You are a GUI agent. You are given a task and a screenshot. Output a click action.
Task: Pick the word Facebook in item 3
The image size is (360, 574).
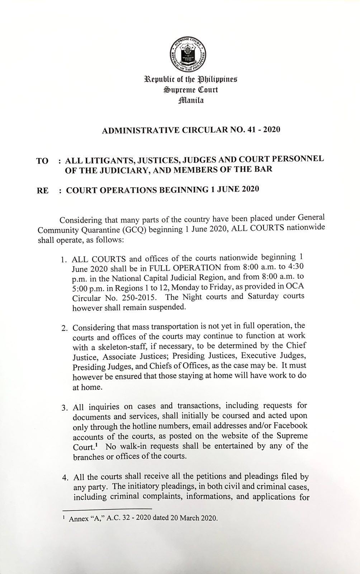[x=290, y=427]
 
